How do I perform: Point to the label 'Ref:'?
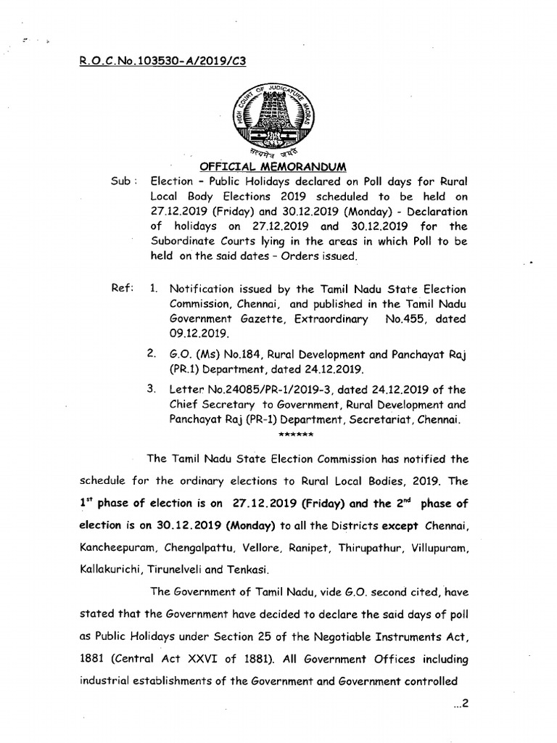click(x=122, y=289)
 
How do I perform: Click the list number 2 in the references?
click(x=152, y=354)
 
